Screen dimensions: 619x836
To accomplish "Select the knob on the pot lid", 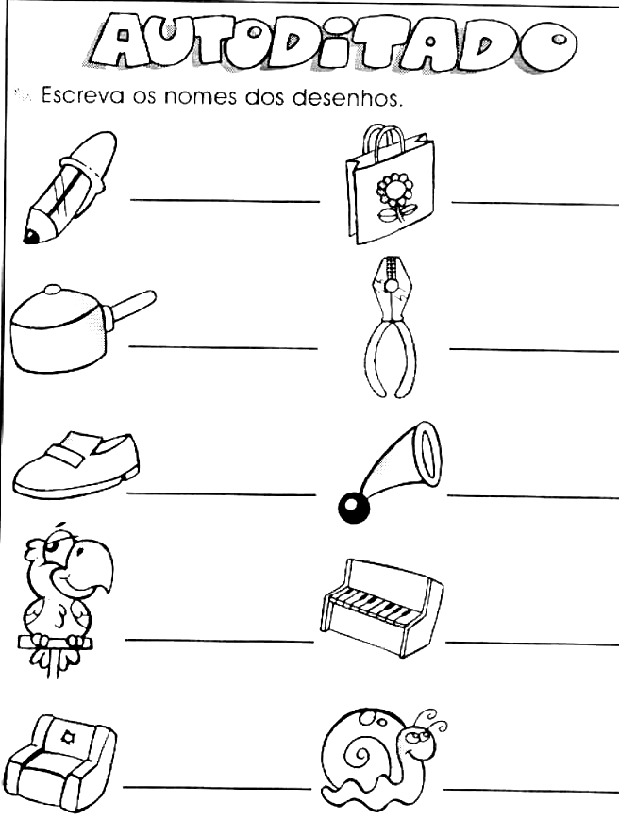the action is pyautogui.click(x=52, y=290).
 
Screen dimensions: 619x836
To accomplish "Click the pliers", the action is pyautogui.click(x=392, y=327).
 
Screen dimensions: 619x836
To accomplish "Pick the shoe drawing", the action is pyautogui.click(x=75, y=465).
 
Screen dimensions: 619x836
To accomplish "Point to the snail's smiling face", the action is pyautogui.click(x=419, y=744).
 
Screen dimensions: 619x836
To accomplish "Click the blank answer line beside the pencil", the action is pyautogui.click(x=225, y=200).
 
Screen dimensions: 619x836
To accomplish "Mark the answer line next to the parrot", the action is pyautogui.click(x=219, y=640).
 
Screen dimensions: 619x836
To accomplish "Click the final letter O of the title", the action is pyautogui.click(x=551, y=42).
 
